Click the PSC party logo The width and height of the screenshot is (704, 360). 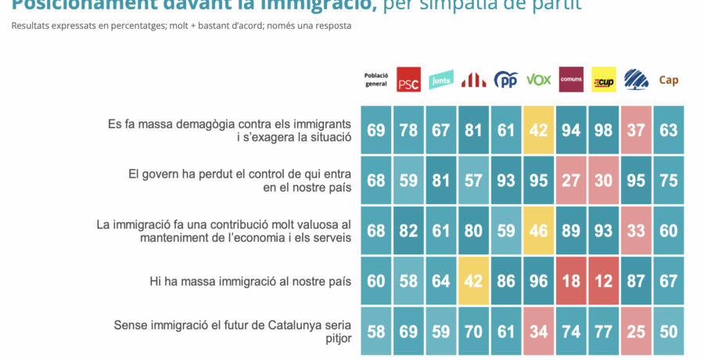click(408, 79)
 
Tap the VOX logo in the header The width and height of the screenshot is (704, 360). click(538, 80)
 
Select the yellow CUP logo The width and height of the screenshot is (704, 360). click(603, 80)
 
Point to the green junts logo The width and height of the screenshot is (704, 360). click(441, 80)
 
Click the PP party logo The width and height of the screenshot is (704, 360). click(506, 80)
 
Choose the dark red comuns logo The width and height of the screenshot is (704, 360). click(571, 79)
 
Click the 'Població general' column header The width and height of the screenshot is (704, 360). click(376, 80)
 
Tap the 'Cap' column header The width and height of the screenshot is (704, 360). click(669, 80)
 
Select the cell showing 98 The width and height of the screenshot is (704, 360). click(603, 130)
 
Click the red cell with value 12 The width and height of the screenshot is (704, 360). click(603, 281)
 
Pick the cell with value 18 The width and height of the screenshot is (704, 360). click(571, 281)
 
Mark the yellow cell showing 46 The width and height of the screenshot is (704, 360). click(538, 231)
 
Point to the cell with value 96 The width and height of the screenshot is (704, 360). click(538, 281)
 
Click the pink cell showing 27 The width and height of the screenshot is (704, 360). click(571, 180)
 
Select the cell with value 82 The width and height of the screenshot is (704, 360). click(408, 231)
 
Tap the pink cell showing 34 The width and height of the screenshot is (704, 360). click(538, 331)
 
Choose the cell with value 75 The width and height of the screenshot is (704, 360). click(669, 180)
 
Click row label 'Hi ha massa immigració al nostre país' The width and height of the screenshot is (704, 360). click(250, 281)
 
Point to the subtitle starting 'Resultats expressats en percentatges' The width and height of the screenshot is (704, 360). click(181, 26)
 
